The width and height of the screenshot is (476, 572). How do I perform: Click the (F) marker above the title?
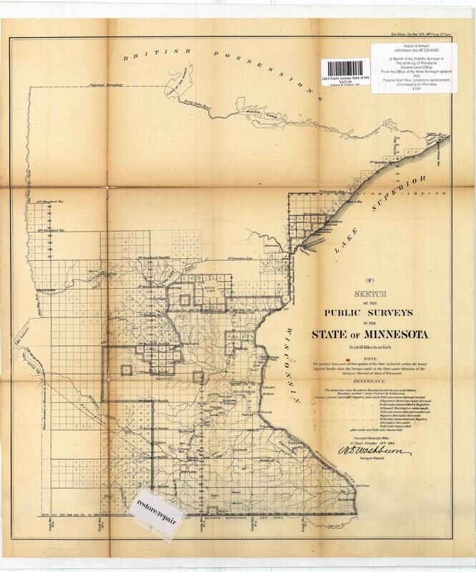pos(370,280)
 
